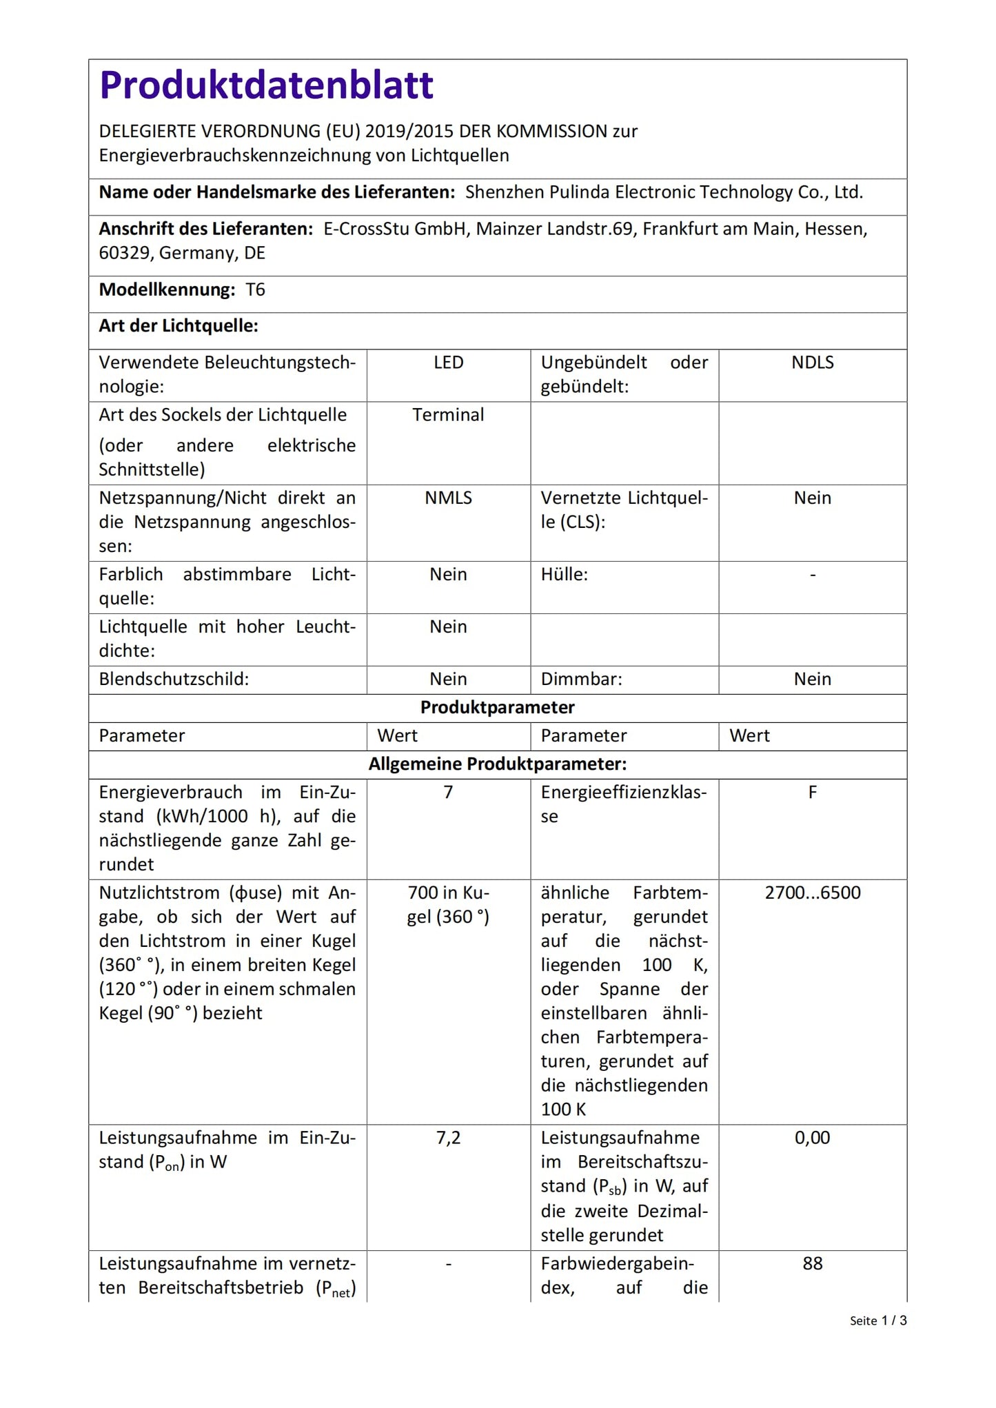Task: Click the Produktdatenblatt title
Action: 266,85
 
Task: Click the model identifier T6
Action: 255,290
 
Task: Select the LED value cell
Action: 448,363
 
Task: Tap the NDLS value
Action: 812,363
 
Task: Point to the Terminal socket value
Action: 448,415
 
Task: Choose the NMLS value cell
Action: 448,498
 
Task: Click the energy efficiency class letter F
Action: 812,793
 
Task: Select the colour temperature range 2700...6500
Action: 812,893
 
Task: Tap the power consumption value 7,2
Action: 448,1138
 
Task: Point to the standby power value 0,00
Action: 812,1138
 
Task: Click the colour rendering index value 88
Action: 812,1263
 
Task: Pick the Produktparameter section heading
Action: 497,708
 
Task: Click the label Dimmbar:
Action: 581,680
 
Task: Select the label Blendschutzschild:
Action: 174,680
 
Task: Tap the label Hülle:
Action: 564,575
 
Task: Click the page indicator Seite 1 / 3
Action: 877,1320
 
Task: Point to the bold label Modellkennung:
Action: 167,290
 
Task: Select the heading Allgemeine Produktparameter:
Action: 497,764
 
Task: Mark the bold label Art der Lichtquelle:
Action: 178,326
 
